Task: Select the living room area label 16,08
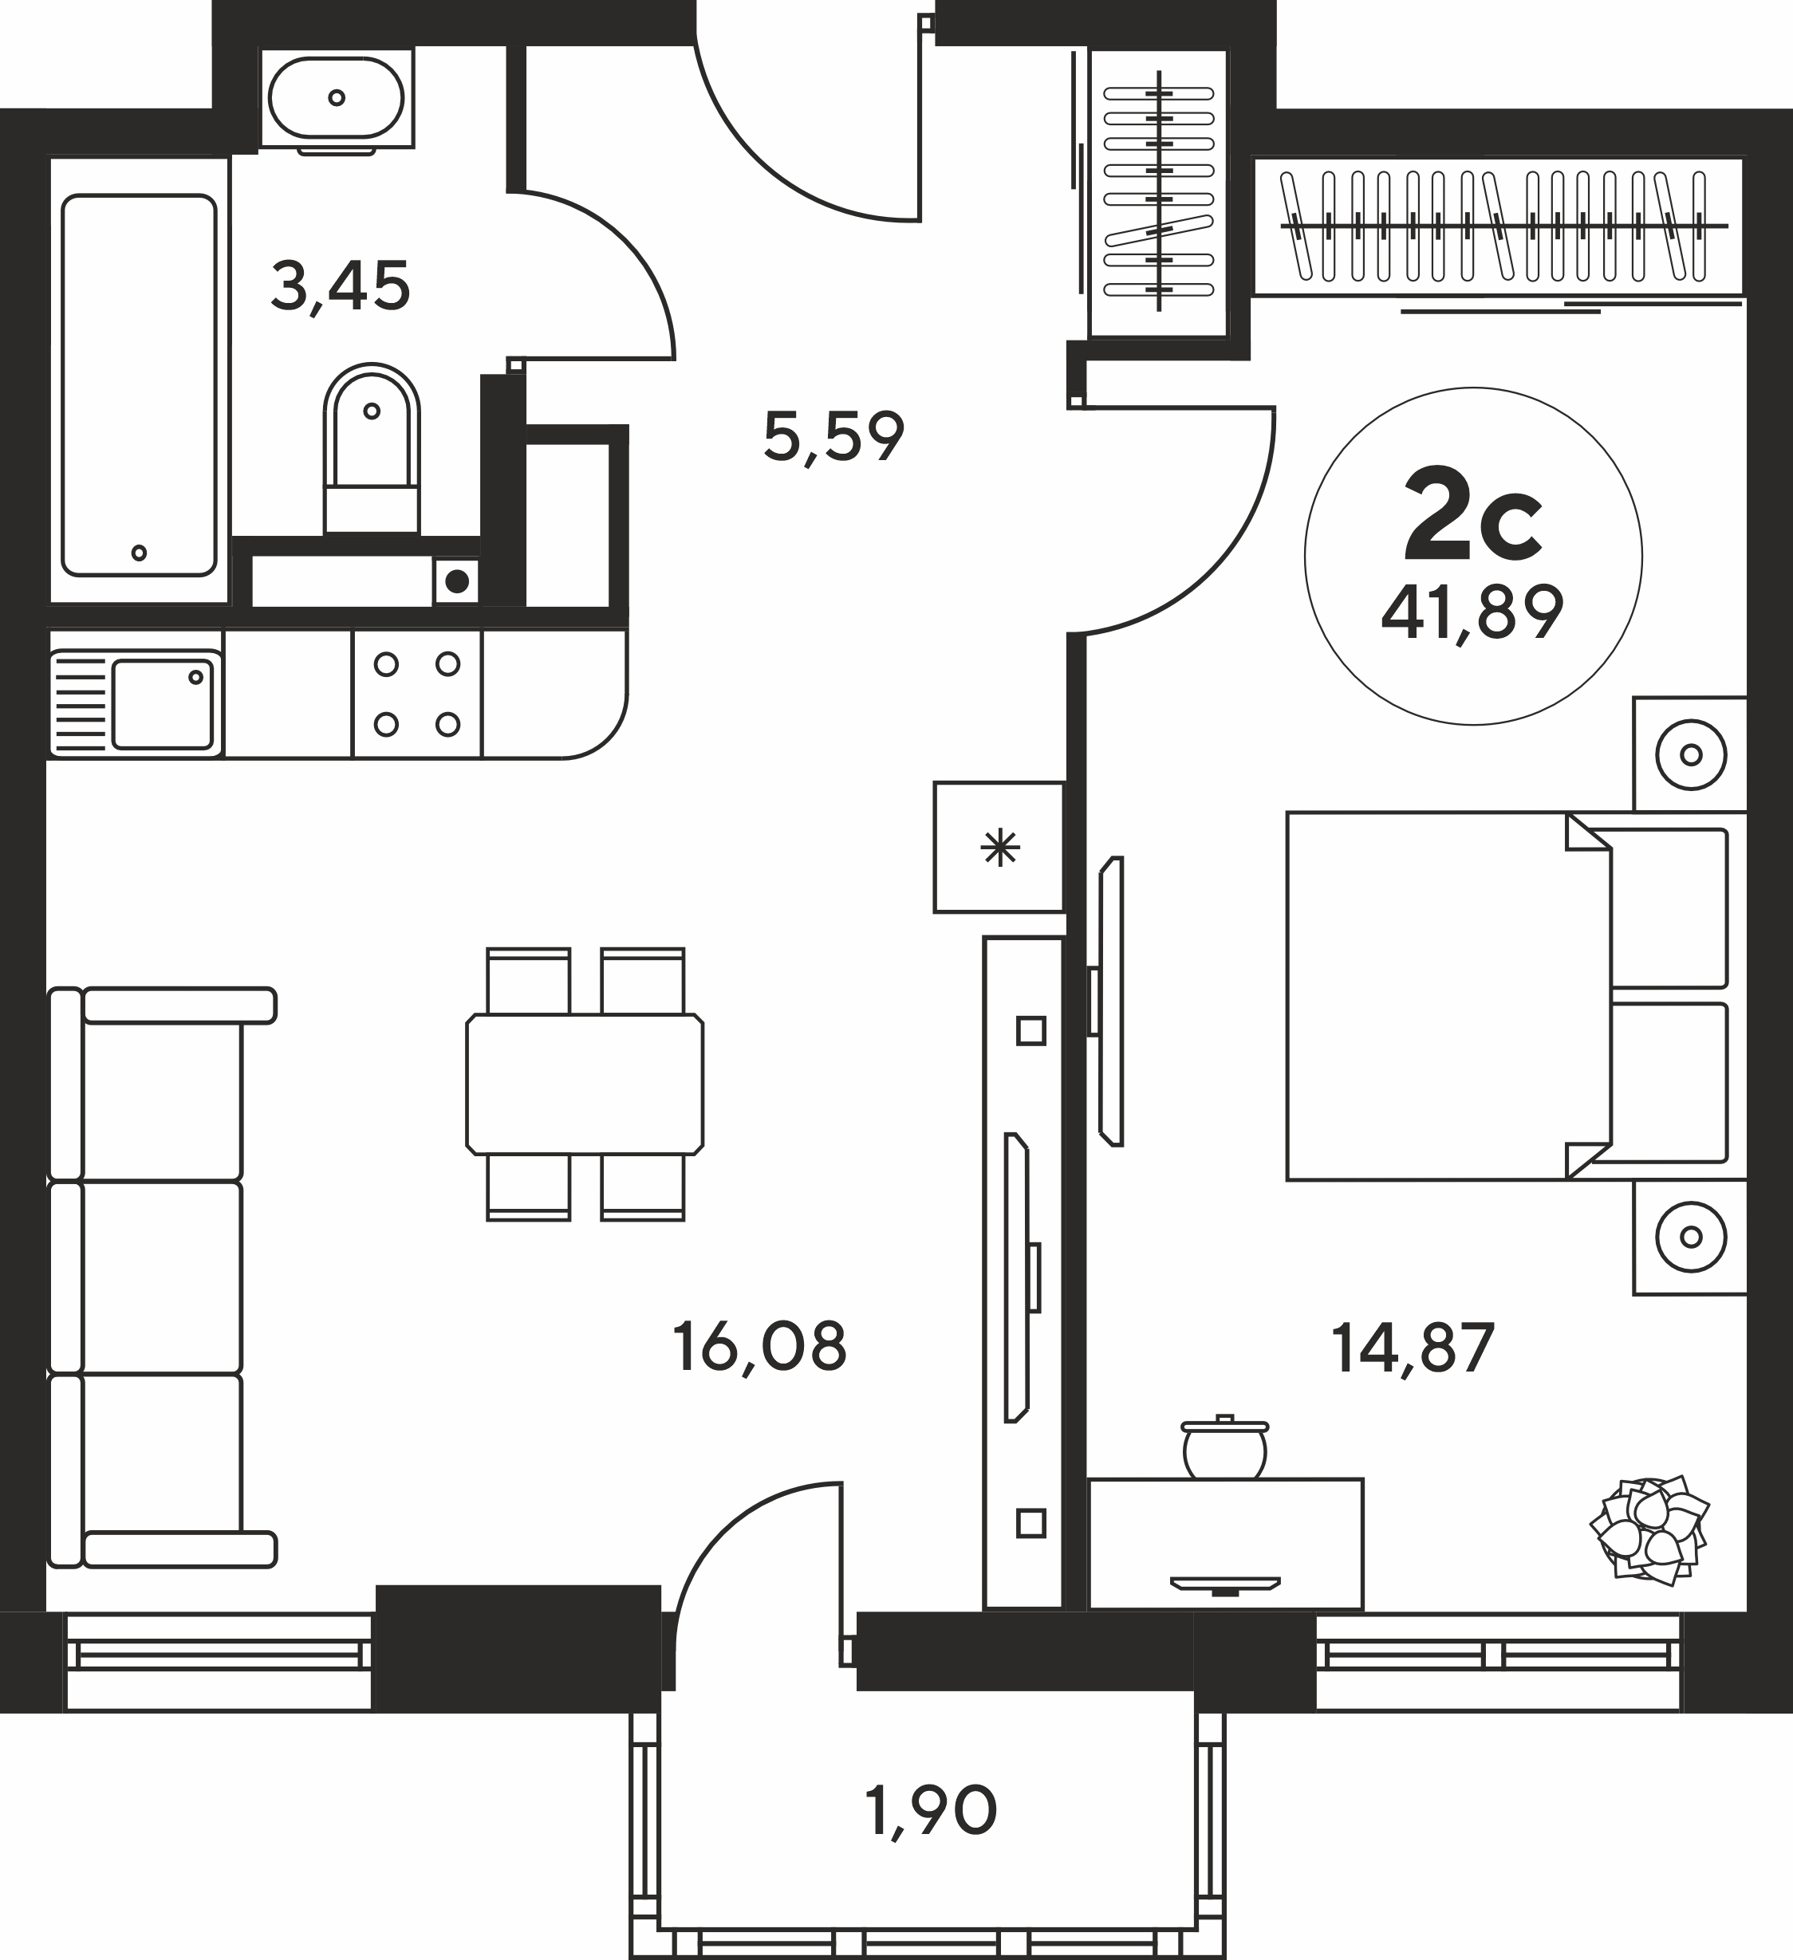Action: (759, 1347)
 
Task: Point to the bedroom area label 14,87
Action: (1413, 1348)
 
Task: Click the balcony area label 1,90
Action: (931, 1811)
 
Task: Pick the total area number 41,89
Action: (1472, 612)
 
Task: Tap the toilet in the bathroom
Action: (372, 448)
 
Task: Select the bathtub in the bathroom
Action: (139, 385)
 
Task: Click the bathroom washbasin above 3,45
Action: (336, 98)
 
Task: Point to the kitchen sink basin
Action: (163, 705)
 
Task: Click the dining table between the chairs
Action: (585, 1084)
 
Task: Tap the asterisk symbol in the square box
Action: (1000, 848)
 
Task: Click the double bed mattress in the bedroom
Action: (1448, 997)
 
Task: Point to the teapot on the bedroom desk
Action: (1224, 1449)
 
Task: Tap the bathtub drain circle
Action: (139, 553)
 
